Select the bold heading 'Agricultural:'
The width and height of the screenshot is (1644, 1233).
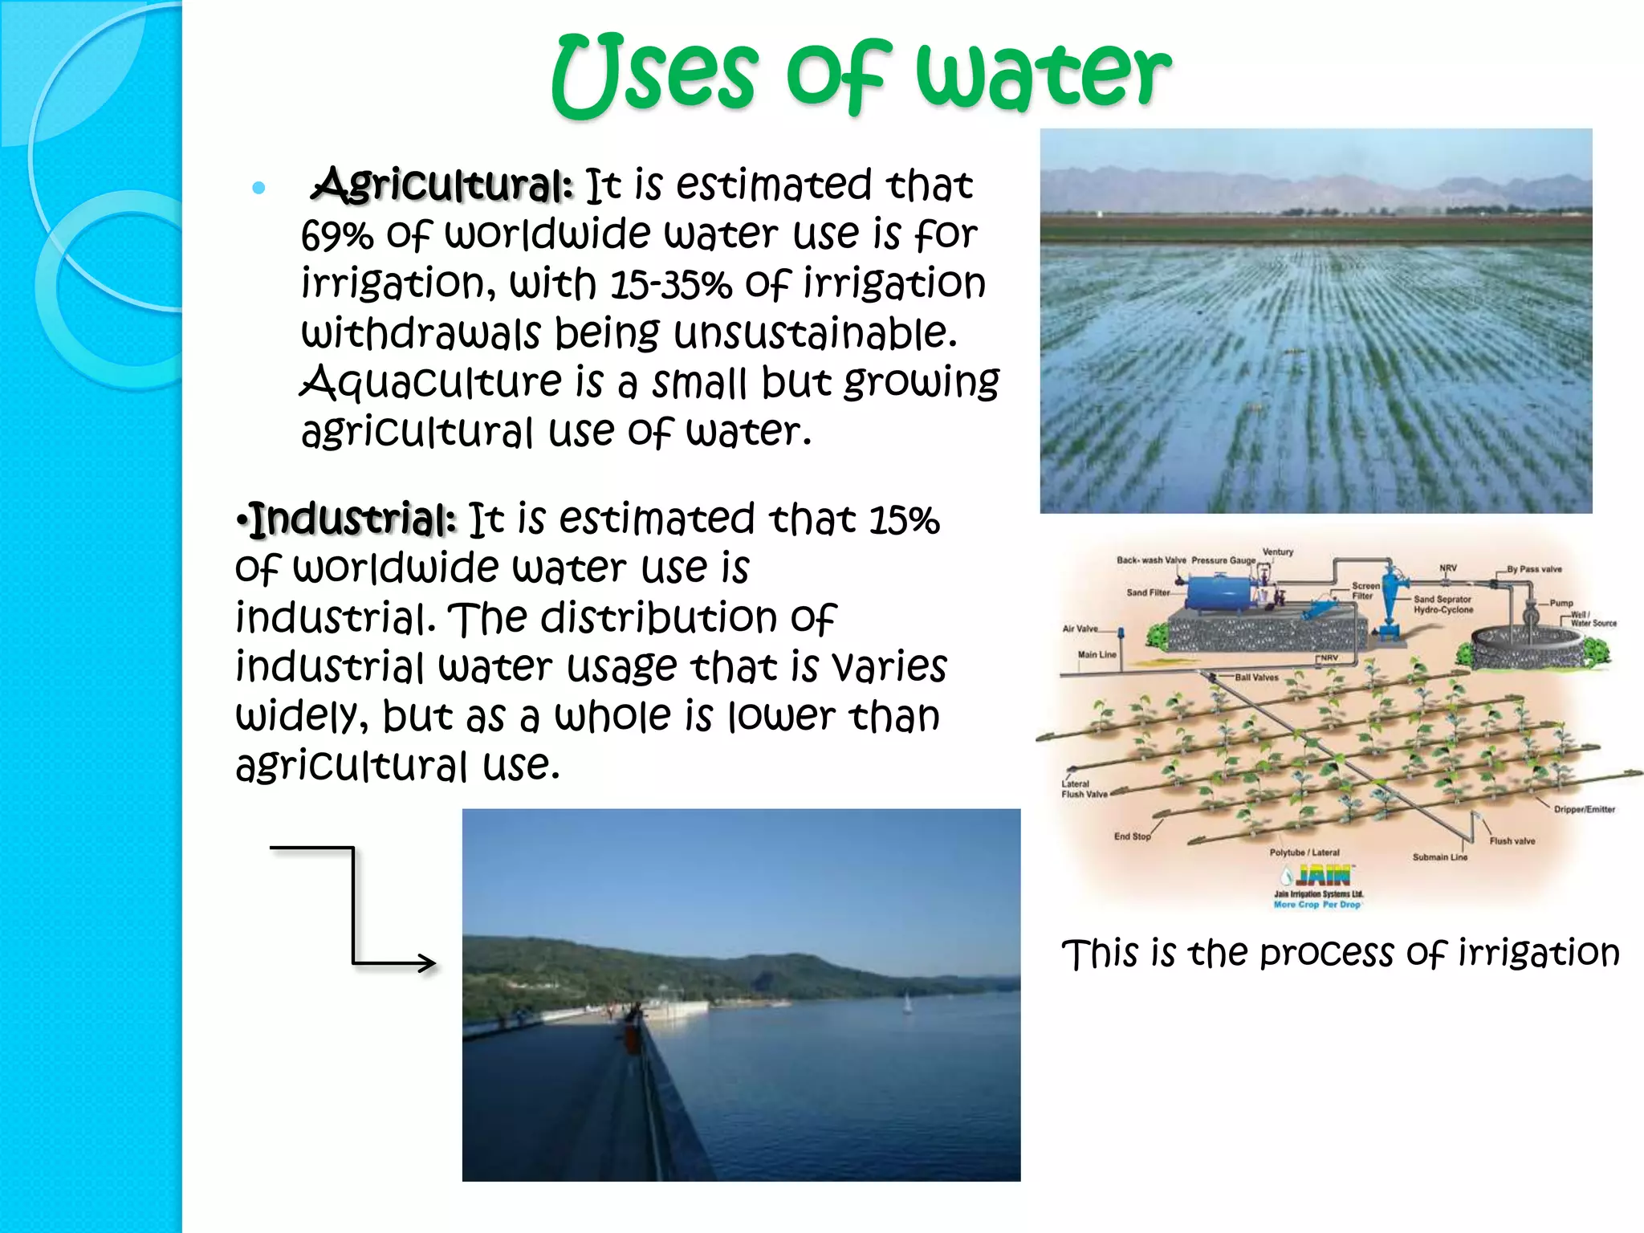(443, 185)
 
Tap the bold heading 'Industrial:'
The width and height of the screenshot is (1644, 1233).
(353, 520)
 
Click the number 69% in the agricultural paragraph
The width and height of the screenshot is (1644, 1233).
(337, 237)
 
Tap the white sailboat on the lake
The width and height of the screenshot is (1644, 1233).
(907, 1003)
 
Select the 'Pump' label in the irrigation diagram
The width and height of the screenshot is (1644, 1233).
(1561, 603)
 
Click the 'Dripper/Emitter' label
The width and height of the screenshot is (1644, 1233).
(1584, 809)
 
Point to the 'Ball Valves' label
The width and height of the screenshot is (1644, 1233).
(1256, 678)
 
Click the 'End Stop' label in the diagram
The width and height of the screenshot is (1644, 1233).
(1132, 836)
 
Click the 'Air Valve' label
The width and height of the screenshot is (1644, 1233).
(1080, 629)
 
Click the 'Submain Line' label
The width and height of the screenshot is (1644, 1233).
(1439, 857)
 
